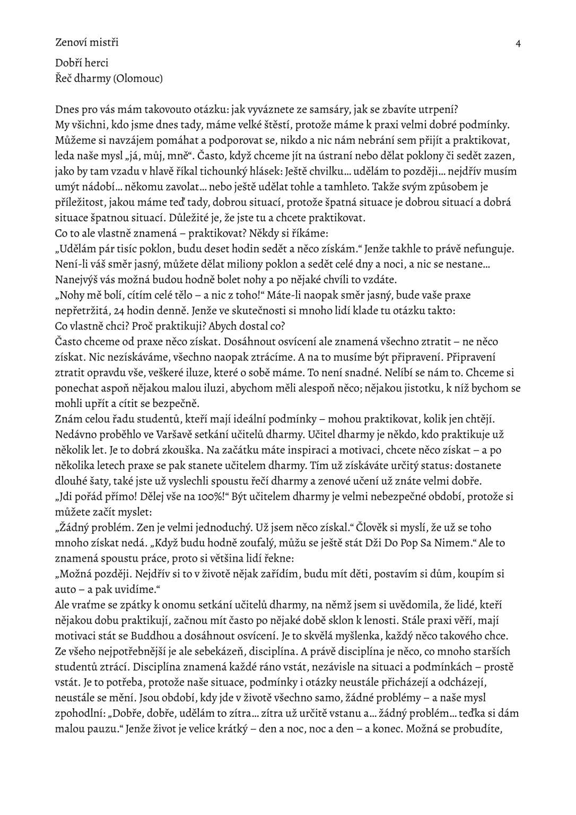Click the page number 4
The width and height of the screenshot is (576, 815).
(518, 44)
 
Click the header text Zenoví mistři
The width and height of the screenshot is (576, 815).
(87, 41)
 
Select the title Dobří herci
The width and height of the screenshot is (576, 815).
(82, 63)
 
